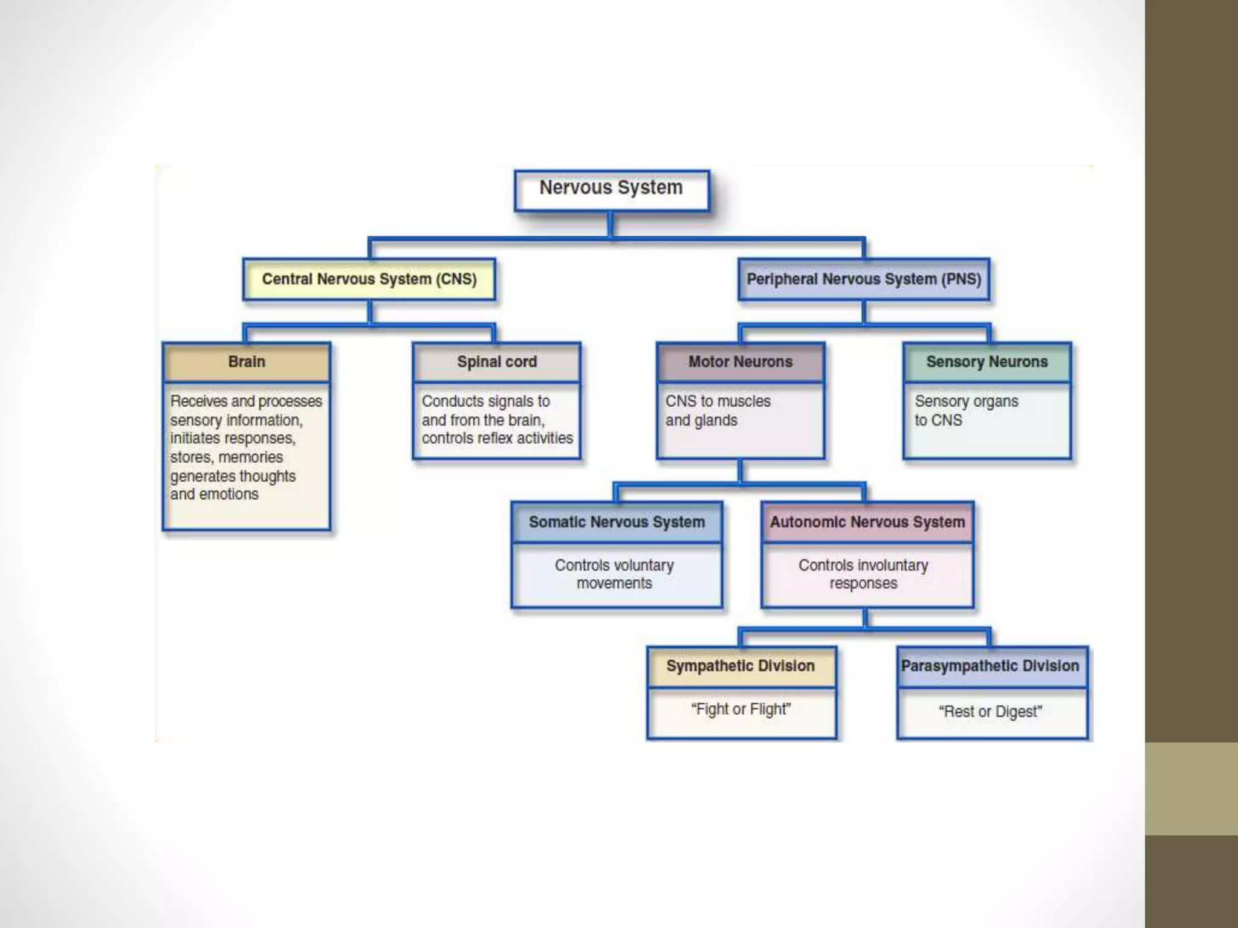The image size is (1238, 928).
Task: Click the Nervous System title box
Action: pos(611,190)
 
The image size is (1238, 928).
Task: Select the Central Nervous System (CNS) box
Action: pos(369,279)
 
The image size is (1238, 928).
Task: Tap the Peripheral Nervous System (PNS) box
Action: pos(864,279)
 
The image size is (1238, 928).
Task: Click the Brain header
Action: pos(247,362)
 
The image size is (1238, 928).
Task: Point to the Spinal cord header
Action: pos(497,362)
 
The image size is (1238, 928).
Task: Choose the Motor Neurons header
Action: pos(741,362)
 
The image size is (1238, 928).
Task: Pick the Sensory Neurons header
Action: pos(987,362)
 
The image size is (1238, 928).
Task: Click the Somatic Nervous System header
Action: pos(617,522)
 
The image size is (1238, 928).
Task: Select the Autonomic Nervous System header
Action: pos(867,522)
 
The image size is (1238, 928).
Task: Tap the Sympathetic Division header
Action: pos(741,666)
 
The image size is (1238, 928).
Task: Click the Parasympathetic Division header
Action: pos(990,666)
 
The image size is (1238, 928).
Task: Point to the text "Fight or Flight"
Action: pos(741,709)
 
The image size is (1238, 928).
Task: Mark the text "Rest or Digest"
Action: pos(990,712)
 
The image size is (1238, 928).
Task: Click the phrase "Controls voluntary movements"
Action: pos(614,574)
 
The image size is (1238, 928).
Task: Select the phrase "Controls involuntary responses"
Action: pos(863,574)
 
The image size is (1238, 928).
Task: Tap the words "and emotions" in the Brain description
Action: pos(214,494)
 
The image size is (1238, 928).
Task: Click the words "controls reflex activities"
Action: pos(497,438)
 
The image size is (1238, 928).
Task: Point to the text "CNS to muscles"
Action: pos(718,401)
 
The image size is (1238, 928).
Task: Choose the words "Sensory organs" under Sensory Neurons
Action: pos(966,401)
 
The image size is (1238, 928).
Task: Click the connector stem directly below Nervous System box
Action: pos(611,224)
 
